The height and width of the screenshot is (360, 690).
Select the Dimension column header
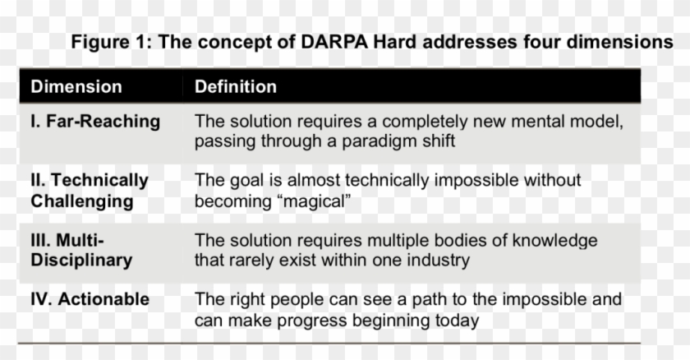76,87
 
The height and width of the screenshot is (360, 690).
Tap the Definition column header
236,87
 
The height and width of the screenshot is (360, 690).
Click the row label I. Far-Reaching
95,122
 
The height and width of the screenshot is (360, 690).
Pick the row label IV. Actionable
90,299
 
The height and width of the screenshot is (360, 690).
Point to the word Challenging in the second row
82,201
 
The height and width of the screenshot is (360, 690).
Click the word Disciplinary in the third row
81,261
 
